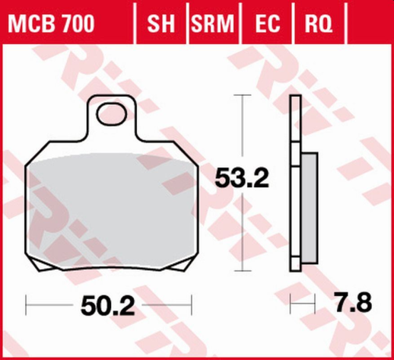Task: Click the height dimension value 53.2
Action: [x=242, y=180]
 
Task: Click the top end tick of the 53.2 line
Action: [x=241, y=95]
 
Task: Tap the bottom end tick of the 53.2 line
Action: [x=241, y=270]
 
